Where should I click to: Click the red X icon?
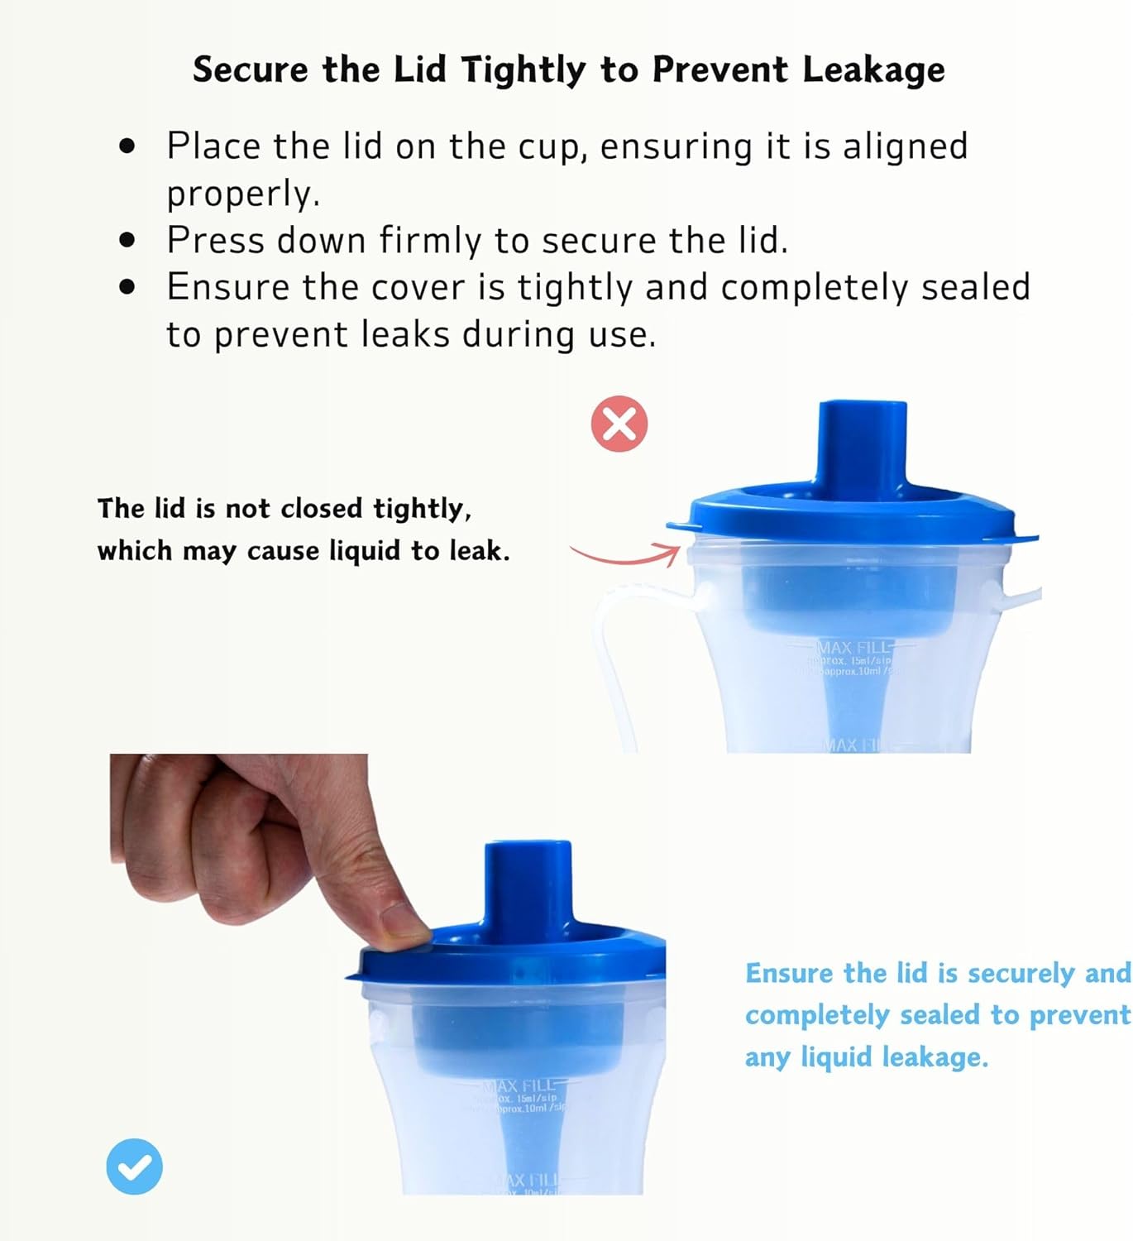click(x=619, y=424)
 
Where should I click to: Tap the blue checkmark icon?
click(x=134, y=1167)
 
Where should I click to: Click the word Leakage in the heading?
click(x=873, y=69)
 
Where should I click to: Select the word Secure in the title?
click(x=250, y=69)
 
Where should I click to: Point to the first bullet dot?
click(x=127, y=146)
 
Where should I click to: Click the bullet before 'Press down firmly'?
click(x=127, y=241)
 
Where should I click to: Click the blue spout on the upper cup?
click(x=862, y=447)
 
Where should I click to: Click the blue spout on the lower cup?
click(x=528, y=885)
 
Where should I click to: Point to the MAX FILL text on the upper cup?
click(x=853, y=647)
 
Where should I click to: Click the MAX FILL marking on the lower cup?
click(x=521, y=1085)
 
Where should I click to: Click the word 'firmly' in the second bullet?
click(x=430, y=241)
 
